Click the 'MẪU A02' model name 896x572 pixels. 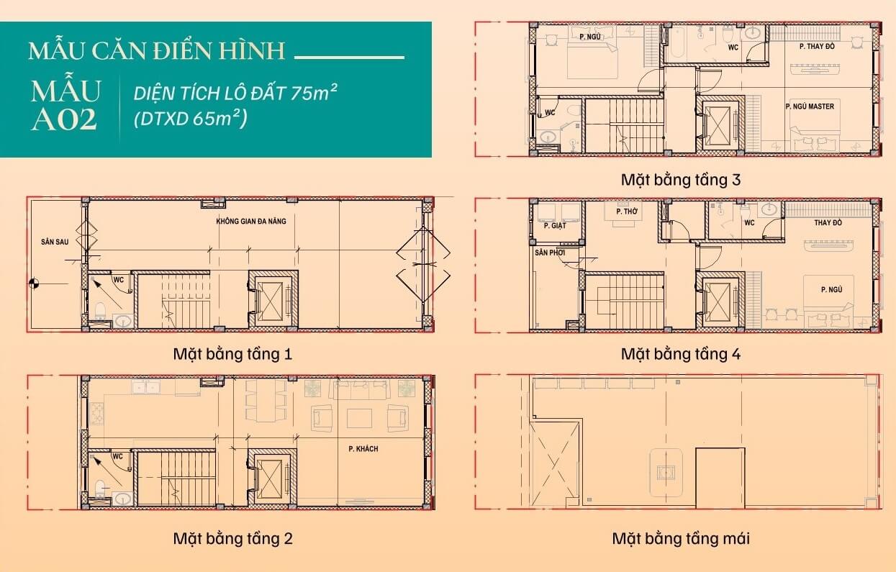point(65,106)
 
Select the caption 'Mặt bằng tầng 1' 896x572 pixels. point(232,354)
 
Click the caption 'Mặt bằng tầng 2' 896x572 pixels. point(232,538)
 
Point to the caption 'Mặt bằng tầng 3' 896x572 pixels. point(680,179)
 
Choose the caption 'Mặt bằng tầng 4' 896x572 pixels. point(680,354)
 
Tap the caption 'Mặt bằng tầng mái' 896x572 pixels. point(680,538)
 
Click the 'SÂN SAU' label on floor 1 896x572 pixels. point(55,242)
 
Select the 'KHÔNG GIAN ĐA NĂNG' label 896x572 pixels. point(250,221)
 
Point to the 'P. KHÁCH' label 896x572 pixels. point(363,449)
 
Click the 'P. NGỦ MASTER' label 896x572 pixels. point(810,106)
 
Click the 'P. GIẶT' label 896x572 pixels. point(555,226)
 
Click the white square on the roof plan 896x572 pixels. point(720,477)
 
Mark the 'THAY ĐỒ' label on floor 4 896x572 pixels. point(828,223)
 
